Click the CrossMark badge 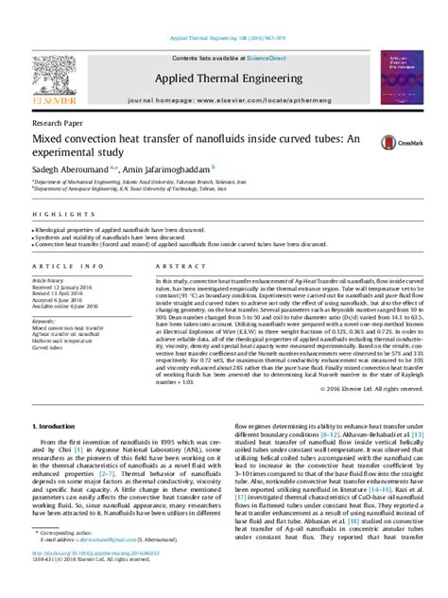click(x=396, y=143)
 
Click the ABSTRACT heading click(x=162, y=268)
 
